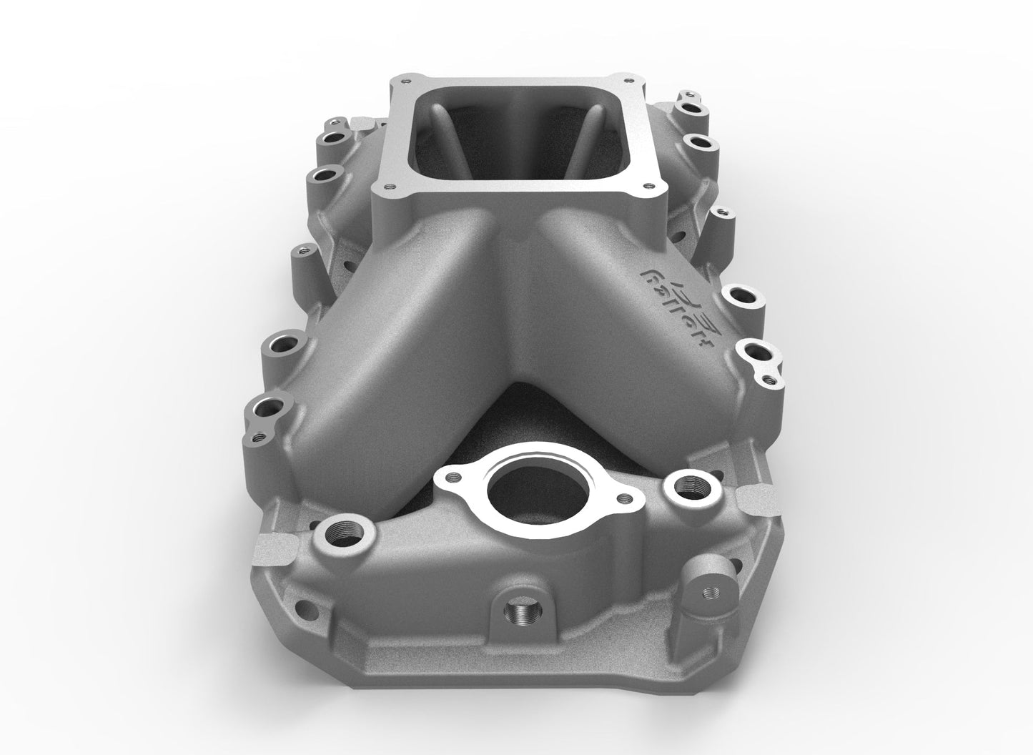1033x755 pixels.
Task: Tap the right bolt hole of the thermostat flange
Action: click(627, 497)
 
